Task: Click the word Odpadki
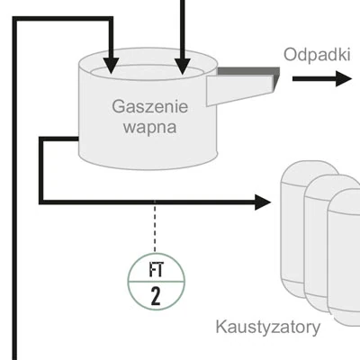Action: coord(316,54)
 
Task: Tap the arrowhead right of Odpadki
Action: coord(344,79)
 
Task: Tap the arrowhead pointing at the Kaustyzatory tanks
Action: coord(263,202)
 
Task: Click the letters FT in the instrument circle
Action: coord(155,268)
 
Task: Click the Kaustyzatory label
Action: coord(267,327)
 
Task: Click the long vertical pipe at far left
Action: coord(15,198)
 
